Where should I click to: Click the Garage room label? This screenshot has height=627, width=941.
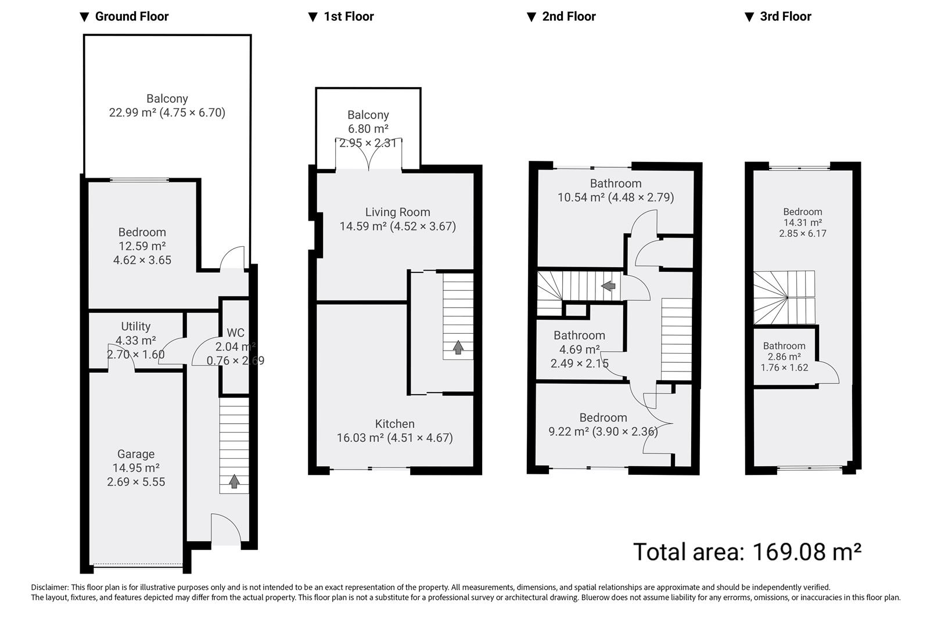[x=136, y=455]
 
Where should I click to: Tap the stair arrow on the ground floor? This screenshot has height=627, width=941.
[x=234, y=481]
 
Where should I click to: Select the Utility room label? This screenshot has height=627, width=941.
[x=136, y=327]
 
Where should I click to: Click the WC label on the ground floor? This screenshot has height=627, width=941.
[x=235, y=333]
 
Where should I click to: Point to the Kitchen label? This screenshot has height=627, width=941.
[x=395, y=424]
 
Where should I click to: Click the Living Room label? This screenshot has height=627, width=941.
[x=398, y=212]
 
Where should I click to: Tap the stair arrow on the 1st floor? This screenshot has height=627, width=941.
[x=458, y=347]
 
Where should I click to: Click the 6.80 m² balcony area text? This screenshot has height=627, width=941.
[x=368, y=129]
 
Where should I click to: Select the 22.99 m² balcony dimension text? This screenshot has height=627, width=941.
[x=167, y=113]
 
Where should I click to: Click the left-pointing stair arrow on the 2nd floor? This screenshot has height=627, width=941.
[x=608, y=286]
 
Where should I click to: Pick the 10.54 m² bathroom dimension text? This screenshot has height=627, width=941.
[x=616, y=197]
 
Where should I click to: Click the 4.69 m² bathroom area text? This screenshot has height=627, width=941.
[x=579, y=349]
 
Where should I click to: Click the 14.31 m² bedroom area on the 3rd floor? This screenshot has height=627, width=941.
[x=803, y=222]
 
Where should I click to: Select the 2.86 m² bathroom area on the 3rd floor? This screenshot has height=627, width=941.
[x=784, y=357]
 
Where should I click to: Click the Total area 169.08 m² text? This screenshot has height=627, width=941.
[x=746, y=552]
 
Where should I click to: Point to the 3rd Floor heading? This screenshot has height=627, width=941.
[x=785, y=17]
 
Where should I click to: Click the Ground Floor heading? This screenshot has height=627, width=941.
[x=131, y=17]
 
